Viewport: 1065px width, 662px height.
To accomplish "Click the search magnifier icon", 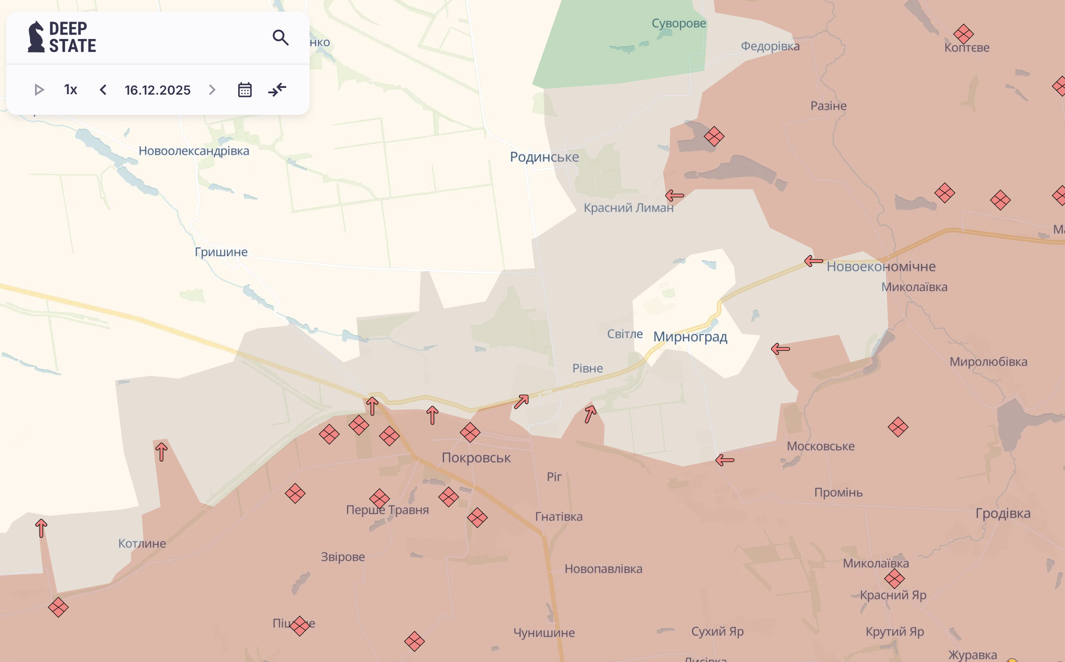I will coord(280,38).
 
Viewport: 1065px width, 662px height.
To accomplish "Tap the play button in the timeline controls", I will coord(39,90).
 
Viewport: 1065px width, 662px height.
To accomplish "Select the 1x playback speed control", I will coord(70,90).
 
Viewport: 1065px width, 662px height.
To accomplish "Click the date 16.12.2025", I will coord(157,90).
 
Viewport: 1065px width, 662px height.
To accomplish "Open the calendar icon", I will coord(244,90).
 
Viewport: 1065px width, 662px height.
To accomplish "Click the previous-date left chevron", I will coord(103,90).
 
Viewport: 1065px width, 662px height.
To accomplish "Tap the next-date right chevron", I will coord(212,90).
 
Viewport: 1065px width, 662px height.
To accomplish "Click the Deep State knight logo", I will coord(36,37).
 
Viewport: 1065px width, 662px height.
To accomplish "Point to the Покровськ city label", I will coord(476,457).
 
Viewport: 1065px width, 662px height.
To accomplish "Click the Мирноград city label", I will coord(690,336).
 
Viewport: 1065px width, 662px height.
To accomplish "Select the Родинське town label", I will coord(544,157).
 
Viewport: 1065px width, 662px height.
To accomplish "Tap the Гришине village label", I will coord(221,252).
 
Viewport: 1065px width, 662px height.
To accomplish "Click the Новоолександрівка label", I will coord(194,151).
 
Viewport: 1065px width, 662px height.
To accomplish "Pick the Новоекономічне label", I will coord(881,266).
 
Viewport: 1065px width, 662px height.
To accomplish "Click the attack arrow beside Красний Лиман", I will coord(674,196).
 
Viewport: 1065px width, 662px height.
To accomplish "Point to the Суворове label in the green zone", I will coord(679,23).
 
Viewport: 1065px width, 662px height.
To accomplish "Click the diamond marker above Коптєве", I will coord(964,34).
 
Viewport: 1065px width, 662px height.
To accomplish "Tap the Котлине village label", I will coord(142,543).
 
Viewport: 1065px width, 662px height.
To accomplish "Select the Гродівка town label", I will coord(1003,513).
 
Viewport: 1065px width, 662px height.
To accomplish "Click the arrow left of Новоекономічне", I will coord(813,261).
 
